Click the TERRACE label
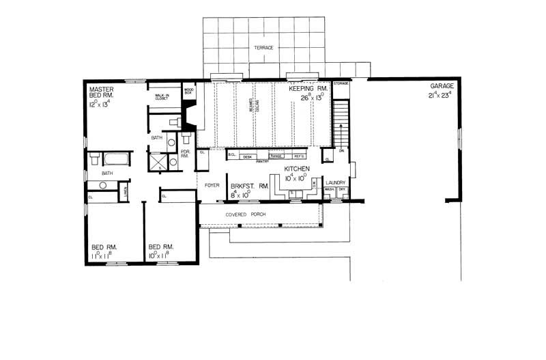(x=263, y=48)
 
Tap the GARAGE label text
(x=442, y=87)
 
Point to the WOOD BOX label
(x=189, y=90)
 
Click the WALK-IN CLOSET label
(x=162, y=97)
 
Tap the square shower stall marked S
(x=160, y=163)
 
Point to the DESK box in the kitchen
(x=248, y=156)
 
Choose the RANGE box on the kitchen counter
(x=276, y=156)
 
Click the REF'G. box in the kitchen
(x=300, y=156)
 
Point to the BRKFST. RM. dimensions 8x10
(x=240, y=194)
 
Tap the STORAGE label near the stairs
(x=341, y=83)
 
